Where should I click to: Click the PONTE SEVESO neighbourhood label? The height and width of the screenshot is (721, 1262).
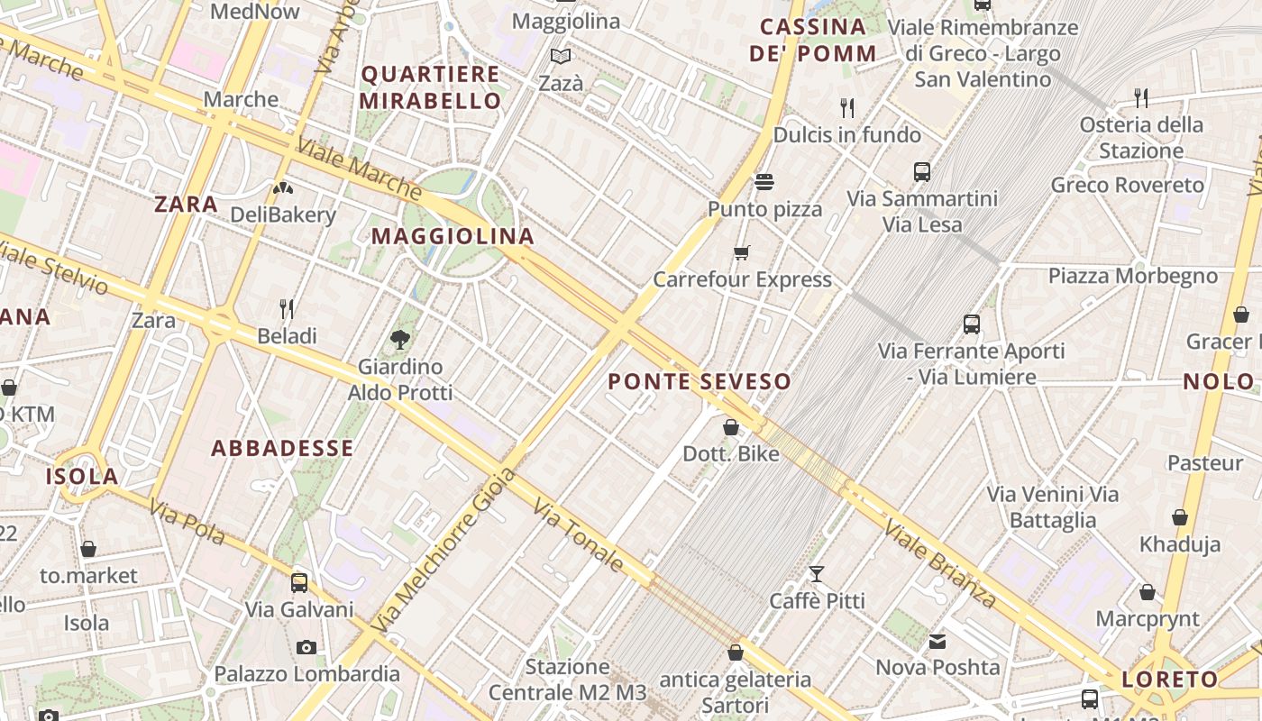(x=700, y=381)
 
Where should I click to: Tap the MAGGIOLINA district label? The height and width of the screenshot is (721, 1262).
(x=453, y=236)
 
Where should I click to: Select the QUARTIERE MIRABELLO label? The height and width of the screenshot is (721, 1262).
(x=430, y=87)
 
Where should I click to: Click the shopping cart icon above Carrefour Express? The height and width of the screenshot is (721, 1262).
(x=741, y=252)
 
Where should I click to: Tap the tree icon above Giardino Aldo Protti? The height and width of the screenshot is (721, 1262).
(x=400, y=340)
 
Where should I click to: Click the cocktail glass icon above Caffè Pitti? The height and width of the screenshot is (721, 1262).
(x=817, y=574)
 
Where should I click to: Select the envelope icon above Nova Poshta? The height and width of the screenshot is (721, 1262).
(x=937, y=642)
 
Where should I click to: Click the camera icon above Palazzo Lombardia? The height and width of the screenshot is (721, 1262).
(x=306, y=647)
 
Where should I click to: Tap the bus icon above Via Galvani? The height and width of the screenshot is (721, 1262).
(x=299, y=583)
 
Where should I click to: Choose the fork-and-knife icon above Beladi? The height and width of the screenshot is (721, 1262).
(x=287, y=309)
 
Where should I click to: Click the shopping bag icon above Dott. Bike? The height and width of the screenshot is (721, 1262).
(x=731, y=427)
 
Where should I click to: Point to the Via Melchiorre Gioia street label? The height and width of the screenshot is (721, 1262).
(x=444, y=551)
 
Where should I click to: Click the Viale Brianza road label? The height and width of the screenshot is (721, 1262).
(x=940, y=563)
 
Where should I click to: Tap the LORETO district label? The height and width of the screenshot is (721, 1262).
(x=1170, y=680)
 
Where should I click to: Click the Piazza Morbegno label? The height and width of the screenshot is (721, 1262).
(x=1132, y=276)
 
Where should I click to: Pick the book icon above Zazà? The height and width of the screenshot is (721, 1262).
(x=561, y=57)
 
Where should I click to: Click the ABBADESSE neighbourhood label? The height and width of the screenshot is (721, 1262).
(x=282, y=448)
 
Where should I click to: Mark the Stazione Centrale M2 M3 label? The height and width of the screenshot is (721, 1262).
(x=568, y=680)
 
